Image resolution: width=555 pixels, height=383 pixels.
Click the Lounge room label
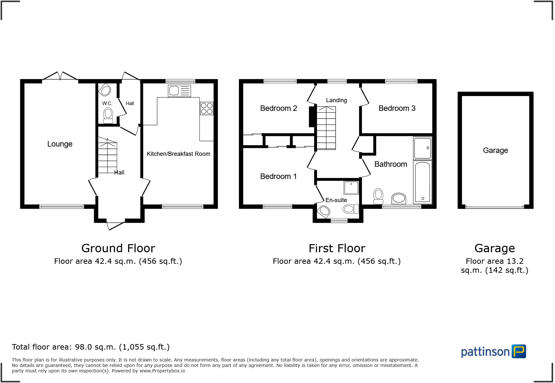[60, 144]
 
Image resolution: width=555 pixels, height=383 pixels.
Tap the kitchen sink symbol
[179, 91]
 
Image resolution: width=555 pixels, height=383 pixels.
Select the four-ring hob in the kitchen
[207, 108]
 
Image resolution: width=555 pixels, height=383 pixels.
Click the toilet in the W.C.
[108, 115]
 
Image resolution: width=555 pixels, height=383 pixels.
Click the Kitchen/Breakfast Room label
[178, 154]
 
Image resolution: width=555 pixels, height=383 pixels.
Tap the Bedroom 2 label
[278, 108]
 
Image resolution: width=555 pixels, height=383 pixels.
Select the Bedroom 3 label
[397, 108]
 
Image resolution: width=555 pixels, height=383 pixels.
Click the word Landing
[336, 100]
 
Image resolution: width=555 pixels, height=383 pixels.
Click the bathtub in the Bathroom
[422, 182]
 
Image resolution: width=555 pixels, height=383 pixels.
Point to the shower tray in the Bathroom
[422, 148]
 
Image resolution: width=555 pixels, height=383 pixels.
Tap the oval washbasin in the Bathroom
[399, 198]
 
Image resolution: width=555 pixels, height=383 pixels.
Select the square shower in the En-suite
[351, 188]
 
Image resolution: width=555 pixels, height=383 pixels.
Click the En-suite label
[336, 200]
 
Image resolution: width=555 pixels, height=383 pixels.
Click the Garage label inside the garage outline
[495, 150]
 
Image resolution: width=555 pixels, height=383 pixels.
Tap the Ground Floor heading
[118, 248]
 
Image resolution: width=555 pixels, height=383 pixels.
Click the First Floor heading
[337, 248]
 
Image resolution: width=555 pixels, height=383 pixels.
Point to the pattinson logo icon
[518, 352]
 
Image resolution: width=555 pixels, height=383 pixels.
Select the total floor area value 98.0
[84, 347]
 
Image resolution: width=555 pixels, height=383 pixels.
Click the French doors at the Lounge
[60, 76]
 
